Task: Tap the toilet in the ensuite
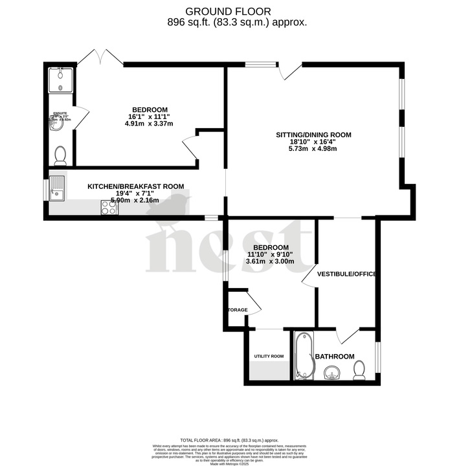[x=60, y=155]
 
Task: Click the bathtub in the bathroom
[x=303, y=356]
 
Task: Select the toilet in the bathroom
[x=360, y=370]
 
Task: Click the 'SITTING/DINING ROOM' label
[x=313, y=135]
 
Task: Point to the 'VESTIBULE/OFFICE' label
[x=346, y=274]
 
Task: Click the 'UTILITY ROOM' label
[x=269, y=356]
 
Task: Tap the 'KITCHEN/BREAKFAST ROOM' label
[x=135, y=186]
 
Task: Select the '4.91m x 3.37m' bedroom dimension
[x=150, y=124]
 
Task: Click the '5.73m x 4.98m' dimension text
[x=313, y=149]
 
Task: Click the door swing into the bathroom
[x=348, y=335]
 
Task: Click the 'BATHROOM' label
[x=334, y=357]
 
